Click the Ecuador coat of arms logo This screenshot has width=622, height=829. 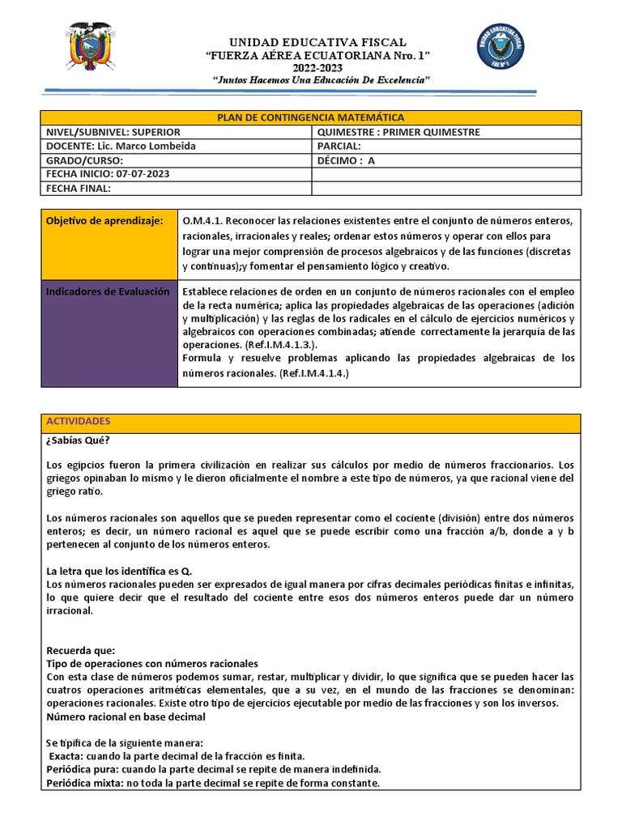click(x=89, y=47)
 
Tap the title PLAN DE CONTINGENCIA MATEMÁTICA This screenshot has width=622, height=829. click(x=311, y=118)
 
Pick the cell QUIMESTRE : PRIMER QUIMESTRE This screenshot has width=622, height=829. click(x=398, y=132)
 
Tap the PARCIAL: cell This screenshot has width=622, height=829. click(x=339, y=146)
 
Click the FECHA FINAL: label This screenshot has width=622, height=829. click(x=78, y=189)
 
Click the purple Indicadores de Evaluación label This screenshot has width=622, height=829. click(x=108, y=291)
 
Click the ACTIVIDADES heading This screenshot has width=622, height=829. click(x=78, y=422)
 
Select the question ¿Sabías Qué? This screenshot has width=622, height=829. click(x=78, y=440)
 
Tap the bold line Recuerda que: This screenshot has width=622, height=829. click(x=80, y=650)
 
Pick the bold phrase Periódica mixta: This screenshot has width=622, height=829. click(x=84, y=784)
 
